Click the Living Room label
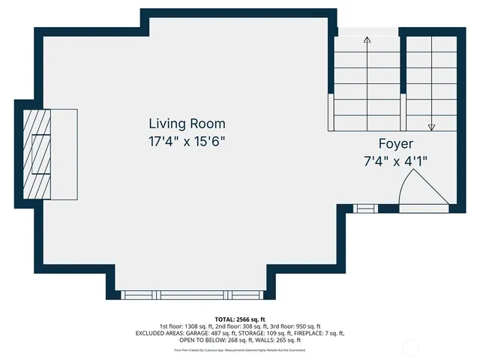pyautogui.click(x=187, y=124)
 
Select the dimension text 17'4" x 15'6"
pyautogui.click(x=187, y=140)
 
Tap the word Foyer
pyautogui.click(x=395, y=143)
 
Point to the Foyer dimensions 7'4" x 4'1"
pyautogui.click(x=395, y=160)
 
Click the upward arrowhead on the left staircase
pyautogui.click(x=367, y=40)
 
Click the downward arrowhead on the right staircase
pyautogui.click(x=431, y=127)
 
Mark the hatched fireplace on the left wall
pyautogui.click(x=37, y=154)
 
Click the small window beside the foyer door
pyautogui.click(x=364, y=207)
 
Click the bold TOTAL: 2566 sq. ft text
pyautogui.click(x=239, y=319)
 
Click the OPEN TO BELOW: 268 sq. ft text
pyautogui.click(x=205, y=340)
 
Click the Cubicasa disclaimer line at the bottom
pyautogui.click(x=239, y=349)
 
